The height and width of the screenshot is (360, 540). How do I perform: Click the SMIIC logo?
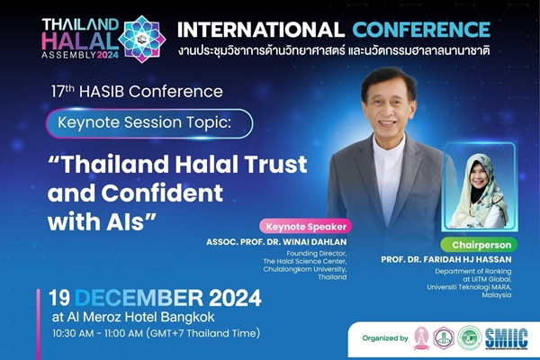coord(506,337)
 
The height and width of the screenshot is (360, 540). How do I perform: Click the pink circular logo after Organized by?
coord(421,337)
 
